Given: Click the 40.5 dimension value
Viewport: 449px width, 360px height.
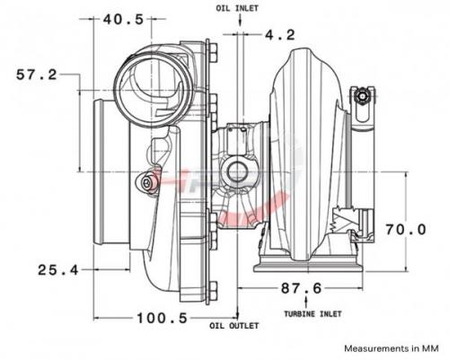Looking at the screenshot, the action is (123, 20).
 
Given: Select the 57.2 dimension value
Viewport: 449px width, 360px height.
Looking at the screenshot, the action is (37, 75).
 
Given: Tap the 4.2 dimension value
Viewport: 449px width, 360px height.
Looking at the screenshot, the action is (280, 35).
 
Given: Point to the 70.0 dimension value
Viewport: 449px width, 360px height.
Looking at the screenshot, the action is (406, 230).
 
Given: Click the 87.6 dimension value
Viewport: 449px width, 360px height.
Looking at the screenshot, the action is (301, 288).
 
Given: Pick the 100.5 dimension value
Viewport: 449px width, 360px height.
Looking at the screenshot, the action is (163, 318).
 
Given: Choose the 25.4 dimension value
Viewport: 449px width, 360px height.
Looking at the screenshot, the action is (58, 270).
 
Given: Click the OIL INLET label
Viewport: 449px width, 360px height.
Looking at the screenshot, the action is (237, 8).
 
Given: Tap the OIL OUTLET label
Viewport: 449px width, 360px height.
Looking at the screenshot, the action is (233, 326).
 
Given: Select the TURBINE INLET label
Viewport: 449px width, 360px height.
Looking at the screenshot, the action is (313, 314).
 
